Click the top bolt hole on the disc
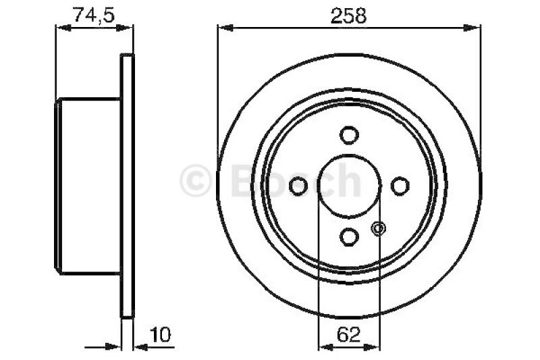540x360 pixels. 349,135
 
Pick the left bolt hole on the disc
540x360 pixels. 298,186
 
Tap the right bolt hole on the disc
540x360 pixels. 400,186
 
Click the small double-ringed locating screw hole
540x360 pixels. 378,228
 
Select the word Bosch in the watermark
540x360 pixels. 297,179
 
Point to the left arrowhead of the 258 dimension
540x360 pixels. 223,28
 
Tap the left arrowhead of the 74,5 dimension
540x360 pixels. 61,28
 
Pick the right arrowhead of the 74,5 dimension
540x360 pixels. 128,28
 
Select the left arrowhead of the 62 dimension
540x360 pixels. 322,347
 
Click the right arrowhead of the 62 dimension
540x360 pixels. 376,347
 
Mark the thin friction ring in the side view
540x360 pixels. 127,186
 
